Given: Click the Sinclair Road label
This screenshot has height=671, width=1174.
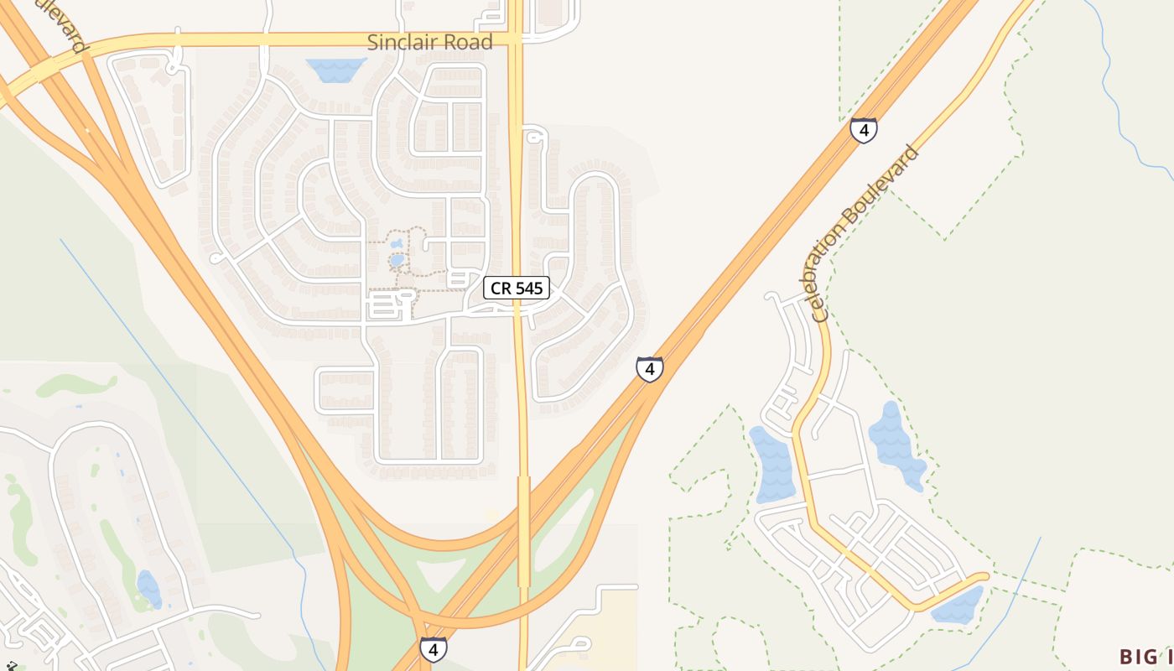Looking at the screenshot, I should [x=430, y=42].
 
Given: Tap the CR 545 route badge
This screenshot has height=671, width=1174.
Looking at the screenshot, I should [x=517, y=289].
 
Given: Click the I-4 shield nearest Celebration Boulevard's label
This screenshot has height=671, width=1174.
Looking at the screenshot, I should [x=864, y=130].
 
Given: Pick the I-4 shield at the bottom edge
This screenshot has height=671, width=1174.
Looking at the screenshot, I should [x=433, y=648].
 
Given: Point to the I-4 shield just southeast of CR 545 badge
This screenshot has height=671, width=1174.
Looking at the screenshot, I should [x=649, y=368].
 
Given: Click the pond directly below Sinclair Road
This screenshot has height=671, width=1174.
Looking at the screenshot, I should [x=336, y=69].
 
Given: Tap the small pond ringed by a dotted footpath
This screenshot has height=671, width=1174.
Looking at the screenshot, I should [x=397, y=259].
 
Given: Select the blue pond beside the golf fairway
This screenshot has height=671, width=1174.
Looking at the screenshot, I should [x=149, y=588].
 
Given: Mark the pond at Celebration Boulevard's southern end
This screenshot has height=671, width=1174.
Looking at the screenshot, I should [x=958, y=606].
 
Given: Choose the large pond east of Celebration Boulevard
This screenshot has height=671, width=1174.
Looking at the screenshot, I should [x=895, y=445].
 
